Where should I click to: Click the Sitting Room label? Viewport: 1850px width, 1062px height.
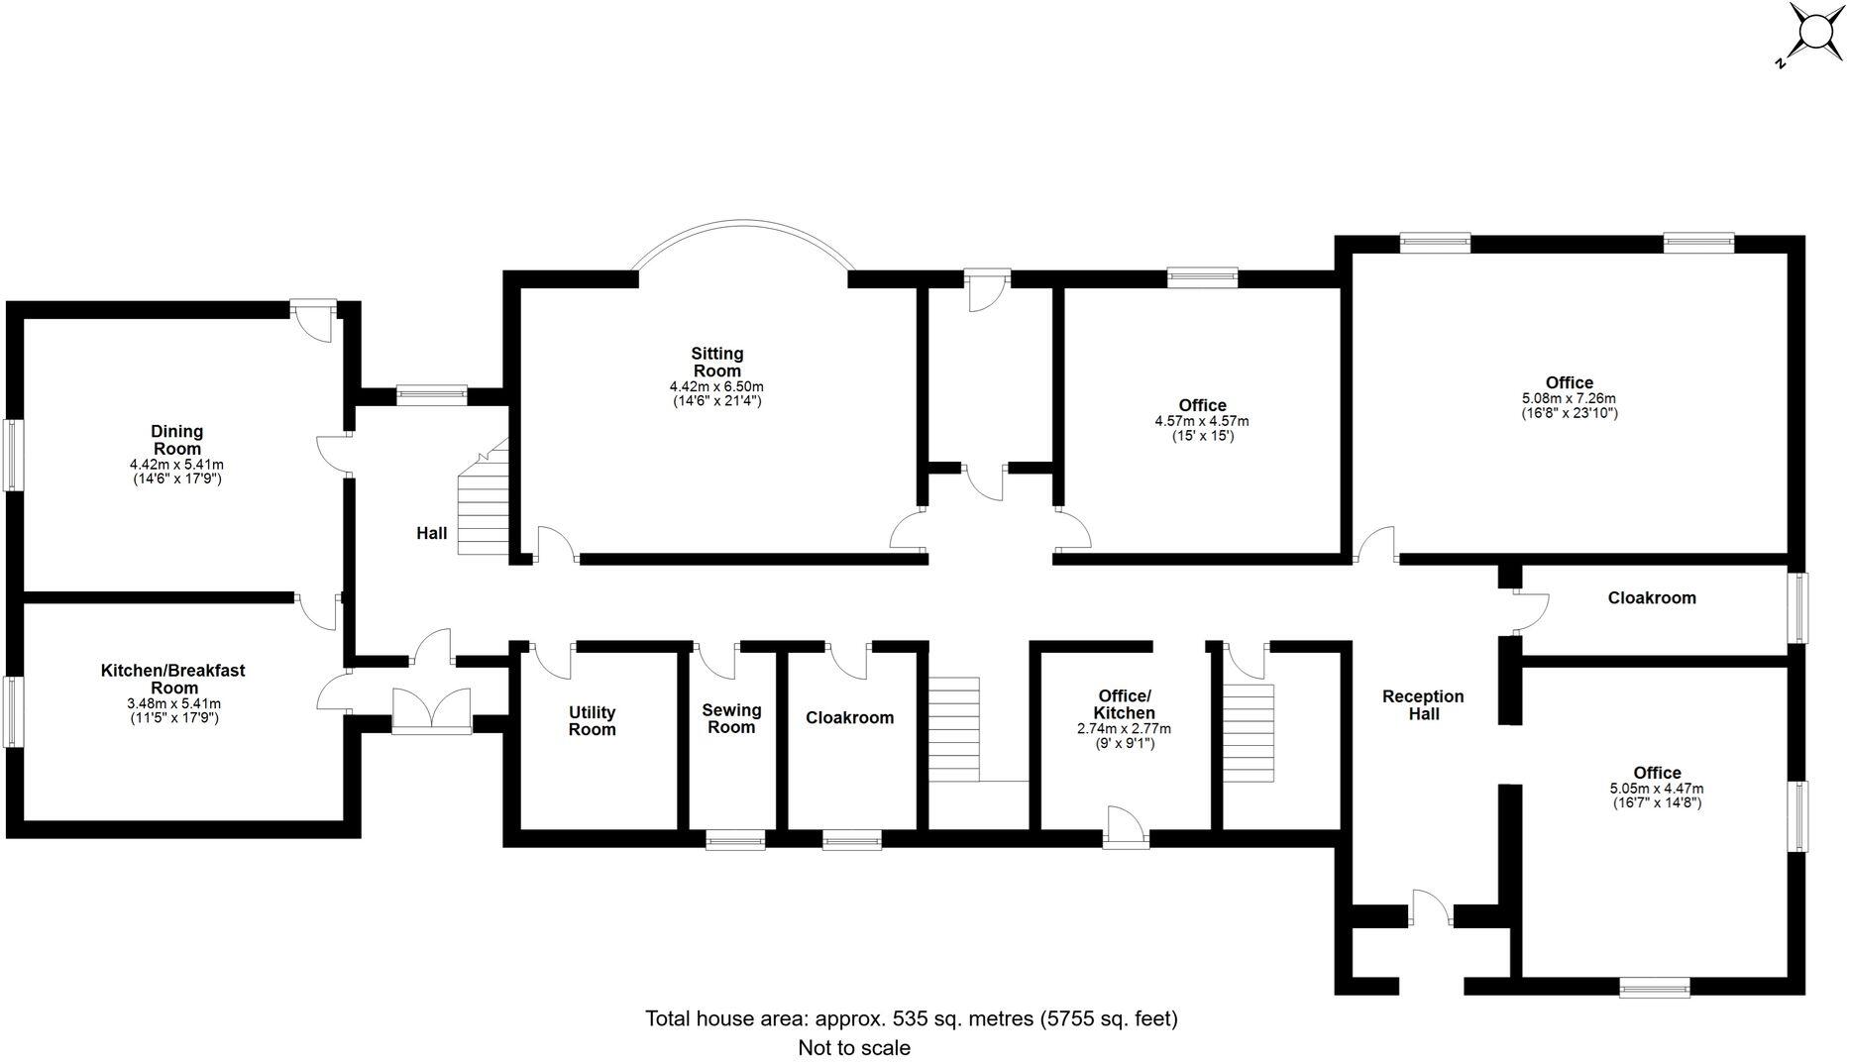click(716, 363)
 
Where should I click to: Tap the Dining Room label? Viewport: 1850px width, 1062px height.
click(176, 440)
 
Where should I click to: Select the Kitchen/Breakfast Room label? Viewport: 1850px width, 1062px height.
click(173, 679)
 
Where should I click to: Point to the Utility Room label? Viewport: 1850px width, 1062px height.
click(593, 721)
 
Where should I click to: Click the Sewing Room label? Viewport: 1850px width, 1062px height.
click(731, 718)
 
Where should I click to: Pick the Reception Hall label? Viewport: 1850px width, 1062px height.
click(1423, 705)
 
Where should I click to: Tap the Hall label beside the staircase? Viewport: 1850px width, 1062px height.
click(431, 533)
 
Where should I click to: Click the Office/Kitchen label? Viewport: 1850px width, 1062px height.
click(1124, 704)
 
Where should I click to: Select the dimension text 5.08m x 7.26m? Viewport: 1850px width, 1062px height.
click(1569, 398)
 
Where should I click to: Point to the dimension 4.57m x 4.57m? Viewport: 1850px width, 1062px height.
click(1202, 421)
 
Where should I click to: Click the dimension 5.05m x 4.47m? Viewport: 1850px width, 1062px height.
click(1657, 789)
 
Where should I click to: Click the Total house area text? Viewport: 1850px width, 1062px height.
click(912, 1018)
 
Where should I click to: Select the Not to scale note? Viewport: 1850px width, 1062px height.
click(854, 1047)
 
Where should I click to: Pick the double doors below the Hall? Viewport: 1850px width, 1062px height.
click(432, 711)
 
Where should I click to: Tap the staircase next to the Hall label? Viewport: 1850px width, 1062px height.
click(485, 505)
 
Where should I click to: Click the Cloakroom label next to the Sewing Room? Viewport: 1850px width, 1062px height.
click(849, 718)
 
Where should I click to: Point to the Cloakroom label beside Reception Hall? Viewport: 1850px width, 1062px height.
click(1651, 598)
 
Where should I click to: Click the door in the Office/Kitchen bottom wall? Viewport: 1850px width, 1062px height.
click(1126, 828)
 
